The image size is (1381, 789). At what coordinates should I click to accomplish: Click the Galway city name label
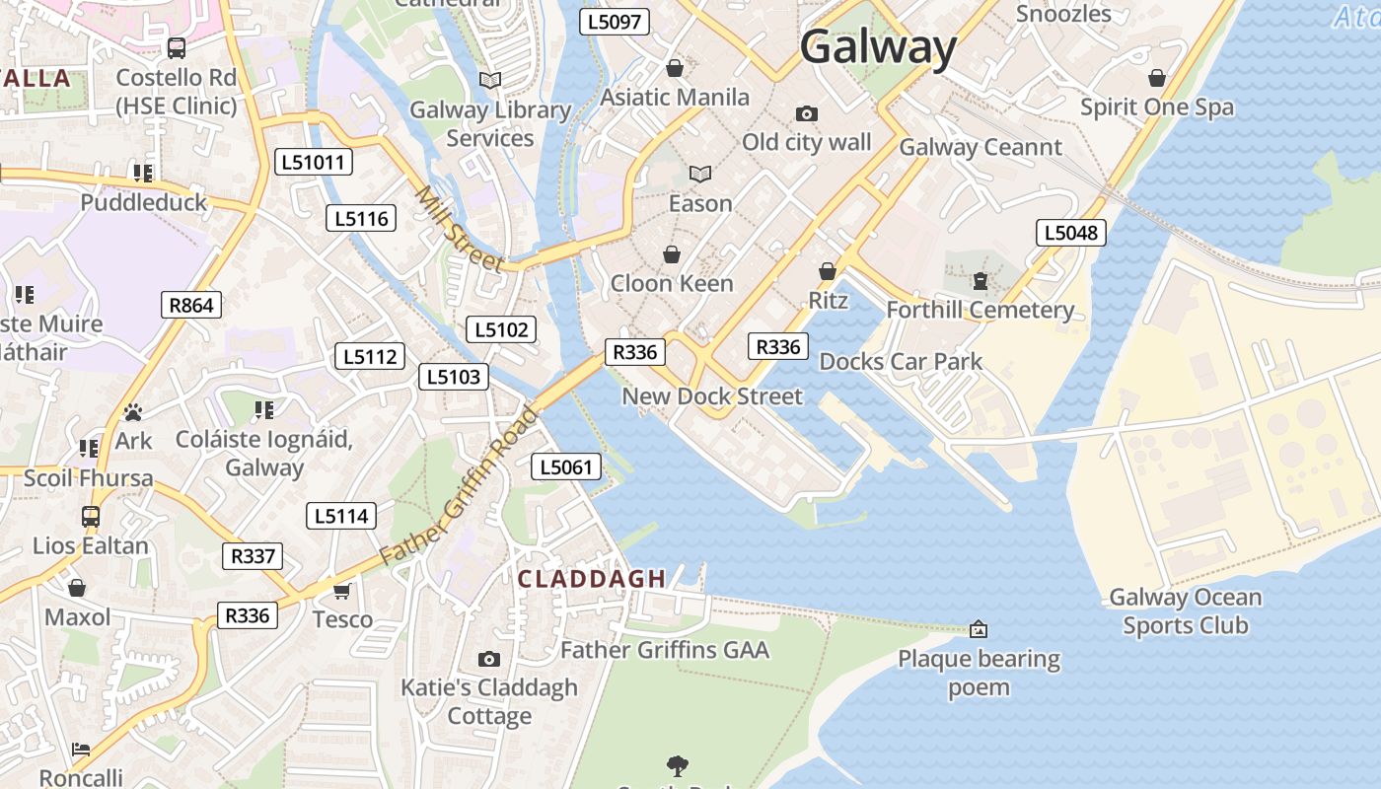click(x=878, y=47)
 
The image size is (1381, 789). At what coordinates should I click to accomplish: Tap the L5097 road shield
click(x=614, y=22)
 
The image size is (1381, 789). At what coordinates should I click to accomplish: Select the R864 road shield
click(x=191, y=305)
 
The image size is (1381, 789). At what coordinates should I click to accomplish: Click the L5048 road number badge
click(x=1070, y=233)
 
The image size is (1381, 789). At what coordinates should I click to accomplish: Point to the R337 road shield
click(x=253, y=556)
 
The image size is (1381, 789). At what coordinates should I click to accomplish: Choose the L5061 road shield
click(x=566, y=466)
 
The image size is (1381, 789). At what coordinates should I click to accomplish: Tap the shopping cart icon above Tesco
click(x=342, y=591)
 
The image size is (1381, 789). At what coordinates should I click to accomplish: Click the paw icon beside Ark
click(x=133, y=411)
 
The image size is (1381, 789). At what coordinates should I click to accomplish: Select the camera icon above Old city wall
click(x=806, y=113)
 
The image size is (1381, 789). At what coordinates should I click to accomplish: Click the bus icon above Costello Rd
click(x=177, y=47)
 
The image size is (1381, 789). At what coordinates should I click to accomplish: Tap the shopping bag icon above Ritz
click(x=828, y=271)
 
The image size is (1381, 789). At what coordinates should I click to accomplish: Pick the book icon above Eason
click(x=700, y=175)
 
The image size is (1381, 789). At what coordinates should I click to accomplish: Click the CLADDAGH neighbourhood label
click(x=592, y=579)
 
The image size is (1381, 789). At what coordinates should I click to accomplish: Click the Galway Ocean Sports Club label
click(x=1185, y=611)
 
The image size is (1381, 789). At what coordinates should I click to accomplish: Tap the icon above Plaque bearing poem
click(x=979, y=628)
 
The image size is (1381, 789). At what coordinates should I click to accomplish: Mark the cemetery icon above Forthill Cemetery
click(x=980, y=281)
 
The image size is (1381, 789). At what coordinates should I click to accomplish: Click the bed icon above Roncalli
click(x=82, y=750)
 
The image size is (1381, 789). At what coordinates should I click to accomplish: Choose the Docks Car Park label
click(x=901, y=362)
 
